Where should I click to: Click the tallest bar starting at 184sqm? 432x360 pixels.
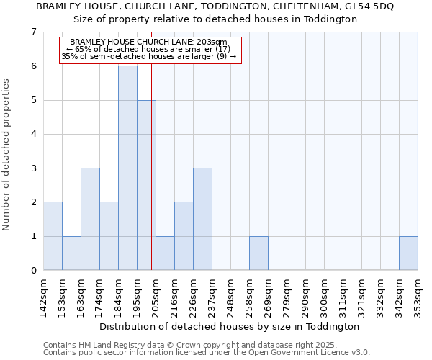click(x=127, y=168)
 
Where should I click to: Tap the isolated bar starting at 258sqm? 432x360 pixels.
click(x=258, y=253)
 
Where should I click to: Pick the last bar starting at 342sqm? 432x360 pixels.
click(x=408, y=253)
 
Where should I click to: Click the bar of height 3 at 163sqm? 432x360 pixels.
click(x=90, y=219)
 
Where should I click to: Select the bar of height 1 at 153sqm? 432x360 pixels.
click(x=71, y=253)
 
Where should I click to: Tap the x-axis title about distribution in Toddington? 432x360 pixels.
click(x=230, y=326)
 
